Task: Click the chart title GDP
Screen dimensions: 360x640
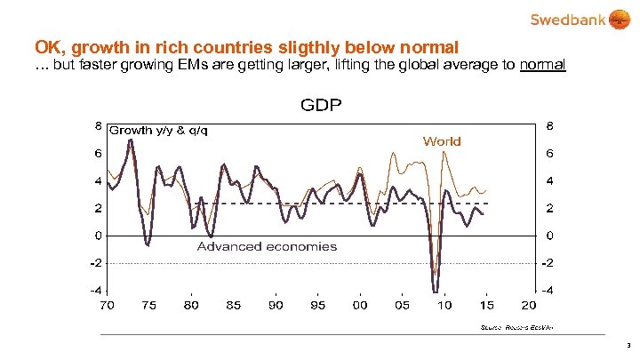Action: tap(321, 105)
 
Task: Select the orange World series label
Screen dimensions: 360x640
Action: tap(442, 140)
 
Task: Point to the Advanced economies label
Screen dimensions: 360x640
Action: tap(267, 246)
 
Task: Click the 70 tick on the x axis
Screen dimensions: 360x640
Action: tap(107, 305)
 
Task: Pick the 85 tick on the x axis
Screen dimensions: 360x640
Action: tap(234, 305)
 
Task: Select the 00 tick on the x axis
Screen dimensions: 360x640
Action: tap(360, 305)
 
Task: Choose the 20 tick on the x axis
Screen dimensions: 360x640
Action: tap(529, 305)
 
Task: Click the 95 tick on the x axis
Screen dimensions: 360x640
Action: tap(318, 305)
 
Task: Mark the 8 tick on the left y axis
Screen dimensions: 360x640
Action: tap(97, 125)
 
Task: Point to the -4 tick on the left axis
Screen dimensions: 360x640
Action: tap(94, 291)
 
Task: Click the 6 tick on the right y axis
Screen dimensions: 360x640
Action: tap(551, 154)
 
